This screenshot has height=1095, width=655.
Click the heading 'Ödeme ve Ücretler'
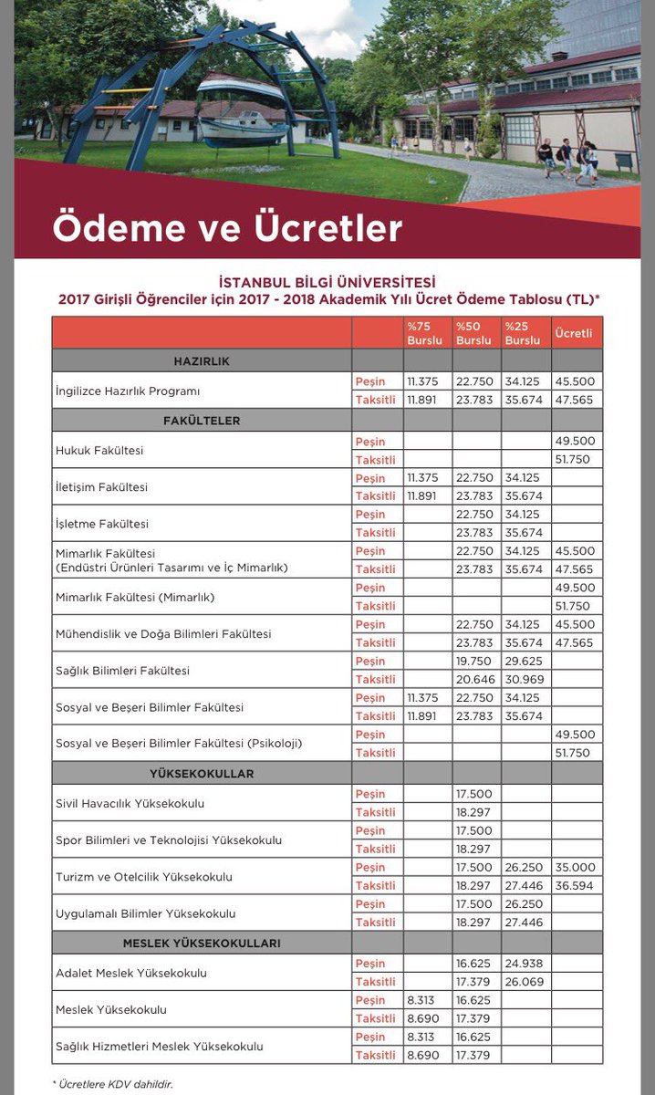pos(227,228)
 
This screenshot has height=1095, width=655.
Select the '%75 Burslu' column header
pos(424,333)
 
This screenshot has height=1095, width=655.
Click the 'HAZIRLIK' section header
pos(202,361)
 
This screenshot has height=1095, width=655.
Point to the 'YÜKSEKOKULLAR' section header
pos(202,774)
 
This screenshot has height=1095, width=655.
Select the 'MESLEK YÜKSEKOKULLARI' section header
pos(202,943)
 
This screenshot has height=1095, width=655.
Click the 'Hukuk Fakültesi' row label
pos(99,451)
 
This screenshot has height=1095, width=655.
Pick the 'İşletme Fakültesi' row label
pos(101,524)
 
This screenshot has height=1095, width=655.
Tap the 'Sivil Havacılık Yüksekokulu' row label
pos(130,804)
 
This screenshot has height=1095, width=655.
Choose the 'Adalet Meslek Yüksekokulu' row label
pos(131,973)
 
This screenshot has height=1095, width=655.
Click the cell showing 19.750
pos(473,662)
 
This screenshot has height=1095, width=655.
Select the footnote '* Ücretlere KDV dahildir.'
pos(111,1084)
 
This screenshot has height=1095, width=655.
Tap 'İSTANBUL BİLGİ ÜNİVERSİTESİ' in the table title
pos(327,282)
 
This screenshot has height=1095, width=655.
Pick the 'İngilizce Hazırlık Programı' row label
pos(128,391)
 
